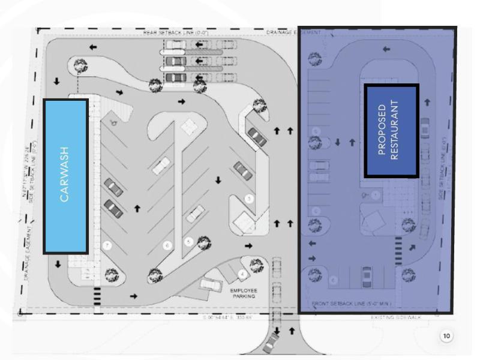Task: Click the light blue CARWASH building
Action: (x=65, y=175)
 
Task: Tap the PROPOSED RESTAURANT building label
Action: (x=390, y=131)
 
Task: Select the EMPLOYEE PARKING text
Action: (x=244, y=293)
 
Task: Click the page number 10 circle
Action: (x=446, y=337)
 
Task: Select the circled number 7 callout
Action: (x=106, y=245)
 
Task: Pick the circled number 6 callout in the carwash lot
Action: (x=167, y=245)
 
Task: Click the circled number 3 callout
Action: (x=248, y=198)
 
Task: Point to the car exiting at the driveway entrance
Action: (x=272, y=343)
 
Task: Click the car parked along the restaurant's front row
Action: (x=367, y=276)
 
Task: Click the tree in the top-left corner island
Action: (x=78, y=65)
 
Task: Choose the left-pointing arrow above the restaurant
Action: (x=385, y=49)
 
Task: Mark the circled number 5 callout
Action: (x=188, y=241)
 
